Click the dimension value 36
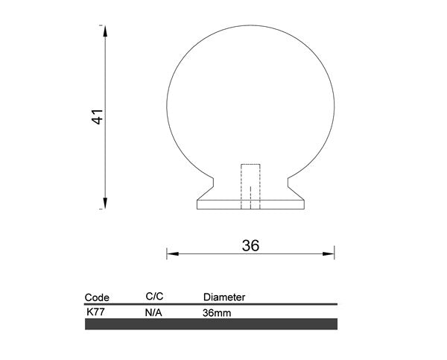click(x=250, y=245)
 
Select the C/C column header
click(x=154, y=296)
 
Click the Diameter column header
click(x=223, y=297)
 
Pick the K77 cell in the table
click(x=95, y=312)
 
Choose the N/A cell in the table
click(x=153, y=313)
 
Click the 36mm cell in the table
click(x=216, y=313)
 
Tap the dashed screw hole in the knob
click(x=250, y=186)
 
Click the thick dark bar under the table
click(x=212, y=324)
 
